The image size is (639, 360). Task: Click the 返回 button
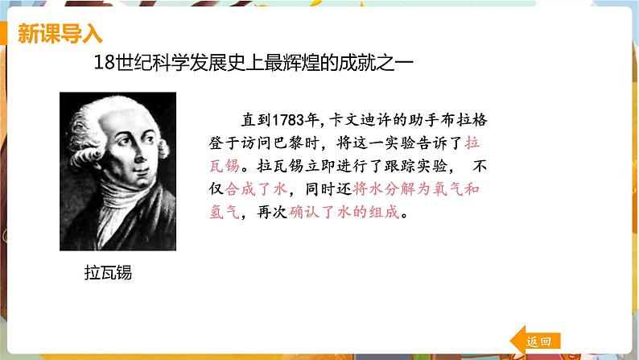[536, 341]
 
